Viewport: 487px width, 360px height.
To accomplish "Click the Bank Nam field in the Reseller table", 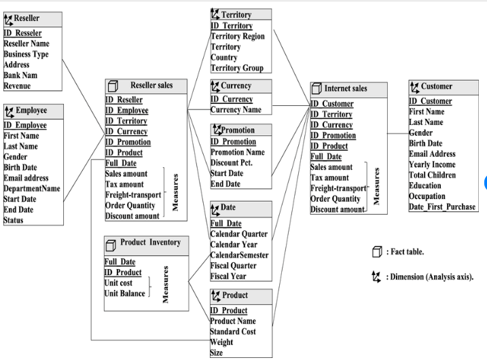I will [20, 75].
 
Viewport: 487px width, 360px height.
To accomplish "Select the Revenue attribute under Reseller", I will [17, 86].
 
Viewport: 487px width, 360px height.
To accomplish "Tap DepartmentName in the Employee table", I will [31, 189].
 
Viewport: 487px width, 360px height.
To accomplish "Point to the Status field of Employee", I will [14, 220].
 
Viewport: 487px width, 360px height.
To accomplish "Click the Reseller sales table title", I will [151, 86].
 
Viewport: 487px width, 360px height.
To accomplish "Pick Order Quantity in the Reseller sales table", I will [130, 206].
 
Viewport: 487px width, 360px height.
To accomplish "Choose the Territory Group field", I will [236, 68].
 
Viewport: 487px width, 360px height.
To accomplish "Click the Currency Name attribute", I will [236, 109].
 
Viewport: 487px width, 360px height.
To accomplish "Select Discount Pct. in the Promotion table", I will [234, 162].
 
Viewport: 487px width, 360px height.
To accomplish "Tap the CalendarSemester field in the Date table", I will [239, 255].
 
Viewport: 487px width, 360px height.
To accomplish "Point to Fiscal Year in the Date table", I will [228, 276].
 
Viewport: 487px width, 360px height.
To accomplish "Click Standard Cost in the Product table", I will [233, 331].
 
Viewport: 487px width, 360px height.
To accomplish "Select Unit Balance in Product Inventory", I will [124, 293].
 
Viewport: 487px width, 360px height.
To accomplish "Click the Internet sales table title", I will [345, 88].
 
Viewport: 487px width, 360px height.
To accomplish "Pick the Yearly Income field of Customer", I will [432, 164].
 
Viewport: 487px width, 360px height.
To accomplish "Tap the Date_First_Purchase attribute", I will [442, 206].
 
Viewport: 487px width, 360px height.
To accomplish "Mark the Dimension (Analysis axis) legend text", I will [431, 277].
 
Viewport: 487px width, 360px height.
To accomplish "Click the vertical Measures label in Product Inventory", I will [166, 284].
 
